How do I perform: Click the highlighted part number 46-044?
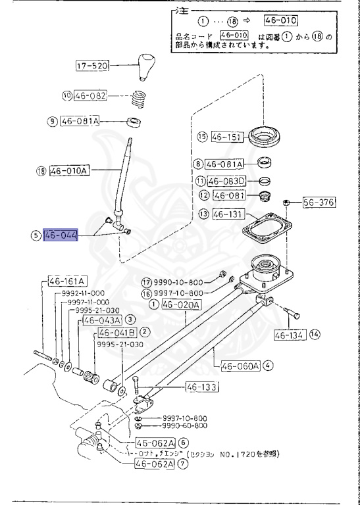click(60, 235)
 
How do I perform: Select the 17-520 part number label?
click(91, 66)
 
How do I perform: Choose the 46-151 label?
click(227, 137)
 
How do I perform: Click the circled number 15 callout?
click(203, 137)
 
